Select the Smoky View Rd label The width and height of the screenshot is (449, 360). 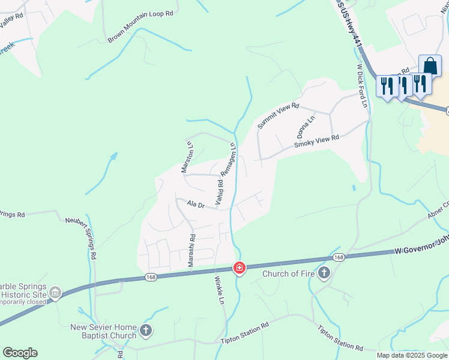(x=316, y=142)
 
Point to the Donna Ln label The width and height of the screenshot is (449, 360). (x=304, y=125)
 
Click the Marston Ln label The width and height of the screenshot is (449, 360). (x=187, y=157)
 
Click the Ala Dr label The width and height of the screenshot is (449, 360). (x=196, y=205)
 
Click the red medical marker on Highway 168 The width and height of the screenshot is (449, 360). (x=240, y=268)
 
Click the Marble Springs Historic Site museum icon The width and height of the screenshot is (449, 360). (x=55, y=293)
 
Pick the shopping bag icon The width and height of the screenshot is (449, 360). (x=430, y=66)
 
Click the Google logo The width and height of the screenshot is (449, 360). (x=20, y=353)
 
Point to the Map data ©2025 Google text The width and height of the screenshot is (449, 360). (x=412, y=355)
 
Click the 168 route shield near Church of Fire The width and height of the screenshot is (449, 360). (x=339, y=257)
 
